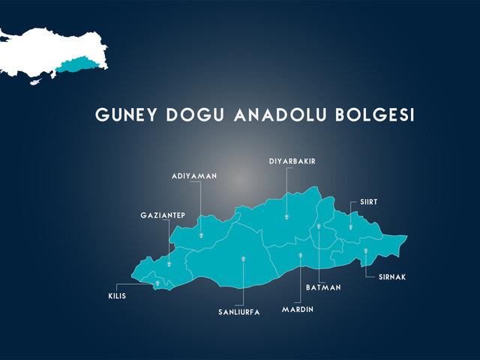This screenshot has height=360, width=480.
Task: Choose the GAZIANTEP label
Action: point(163,215)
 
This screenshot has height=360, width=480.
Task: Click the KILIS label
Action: point(118,295)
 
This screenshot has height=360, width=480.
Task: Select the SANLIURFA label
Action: point(238,311)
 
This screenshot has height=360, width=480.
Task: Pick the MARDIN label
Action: point(298,309)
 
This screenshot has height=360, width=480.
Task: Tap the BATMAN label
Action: point(324,286)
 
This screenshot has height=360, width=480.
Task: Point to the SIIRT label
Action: point(368,202)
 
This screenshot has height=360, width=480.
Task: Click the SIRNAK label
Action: point(391,277)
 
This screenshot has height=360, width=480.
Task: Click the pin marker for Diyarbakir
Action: point(286,217)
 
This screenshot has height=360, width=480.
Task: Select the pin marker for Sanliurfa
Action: point(244,259)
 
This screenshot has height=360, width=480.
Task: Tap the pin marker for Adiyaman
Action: point(201,235)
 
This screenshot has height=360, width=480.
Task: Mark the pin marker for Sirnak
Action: point(365,251)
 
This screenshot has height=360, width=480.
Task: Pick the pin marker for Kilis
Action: point(157,283)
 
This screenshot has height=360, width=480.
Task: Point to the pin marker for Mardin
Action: point(300,256)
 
